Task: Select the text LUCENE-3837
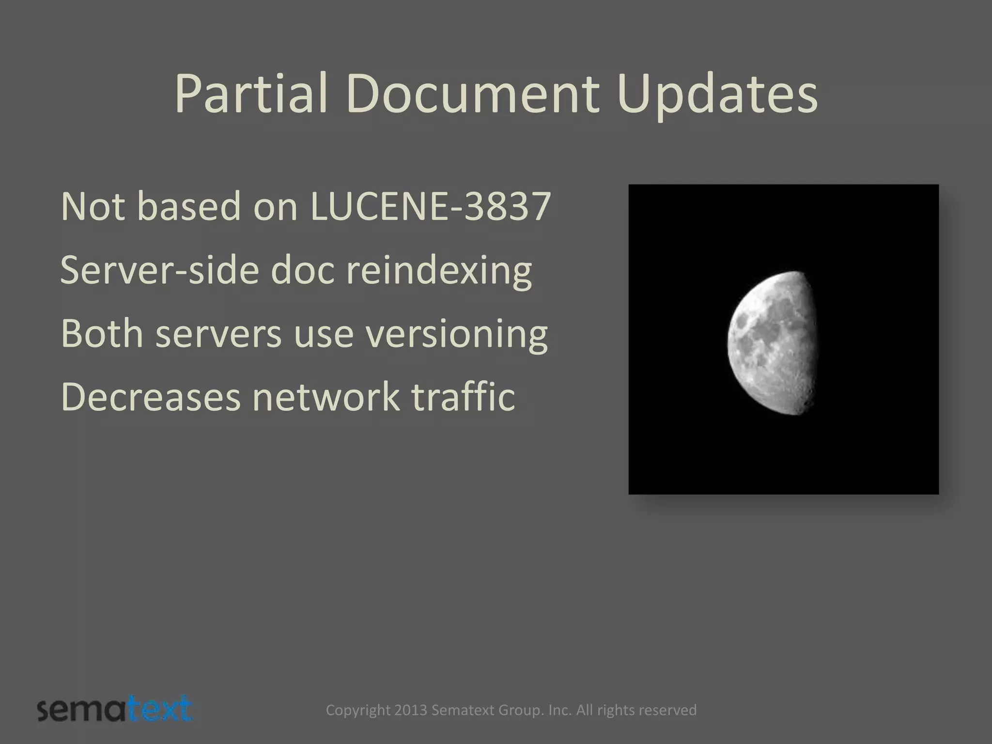[x=430, y=207]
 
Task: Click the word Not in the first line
[x=95, y=207]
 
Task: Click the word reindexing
[x=439, y=270]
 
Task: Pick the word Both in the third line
[x=102, y=334]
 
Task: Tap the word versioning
[x=456, y=334]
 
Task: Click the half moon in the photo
[x=773, y=343]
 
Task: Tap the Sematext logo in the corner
[x=115, y=710]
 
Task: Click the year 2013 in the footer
[x=411, y=710]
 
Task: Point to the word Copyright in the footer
[x=358, y=710]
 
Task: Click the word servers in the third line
[x=218, y=334]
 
